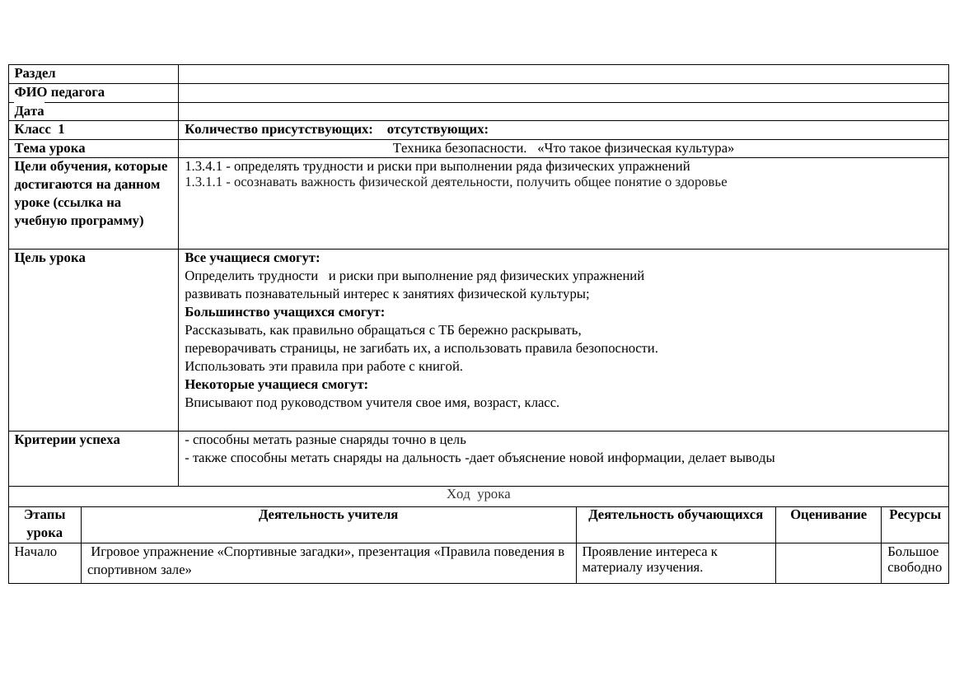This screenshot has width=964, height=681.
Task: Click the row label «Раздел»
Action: coord(35,74)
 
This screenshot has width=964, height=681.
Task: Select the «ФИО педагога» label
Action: coord(59,92)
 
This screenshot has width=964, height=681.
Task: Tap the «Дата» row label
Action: coord(30,111)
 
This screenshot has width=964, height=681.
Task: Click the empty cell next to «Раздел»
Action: coord(563,74)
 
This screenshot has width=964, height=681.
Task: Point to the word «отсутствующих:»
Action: coord(438,129)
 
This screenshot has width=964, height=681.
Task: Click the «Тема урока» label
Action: coord(49,148)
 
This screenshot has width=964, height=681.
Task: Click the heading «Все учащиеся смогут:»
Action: coord(252,258)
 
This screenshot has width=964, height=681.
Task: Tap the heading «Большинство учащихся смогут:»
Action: coord(284,312)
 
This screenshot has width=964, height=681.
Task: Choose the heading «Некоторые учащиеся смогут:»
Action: coord(276,385)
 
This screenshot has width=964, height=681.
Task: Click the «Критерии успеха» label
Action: coord(68,440)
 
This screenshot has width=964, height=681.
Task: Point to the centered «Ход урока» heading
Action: coord(478,494)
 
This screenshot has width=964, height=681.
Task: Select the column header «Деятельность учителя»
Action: coord(328,515)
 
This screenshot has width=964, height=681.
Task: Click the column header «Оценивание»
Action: coord(828,515)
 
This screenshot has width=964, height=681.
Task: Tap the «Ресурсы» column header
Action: coord(915,515)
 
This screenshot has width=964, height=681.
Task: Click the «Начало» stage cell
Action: coord(35,552)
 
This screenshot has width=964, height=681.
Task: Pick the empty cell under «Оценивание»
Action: coord(828,563)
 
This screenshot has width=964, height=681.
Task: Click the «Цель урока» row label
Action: coord(49,258)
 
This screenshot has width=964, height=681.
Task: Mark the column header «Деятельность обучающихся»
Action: coord(676,515)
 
